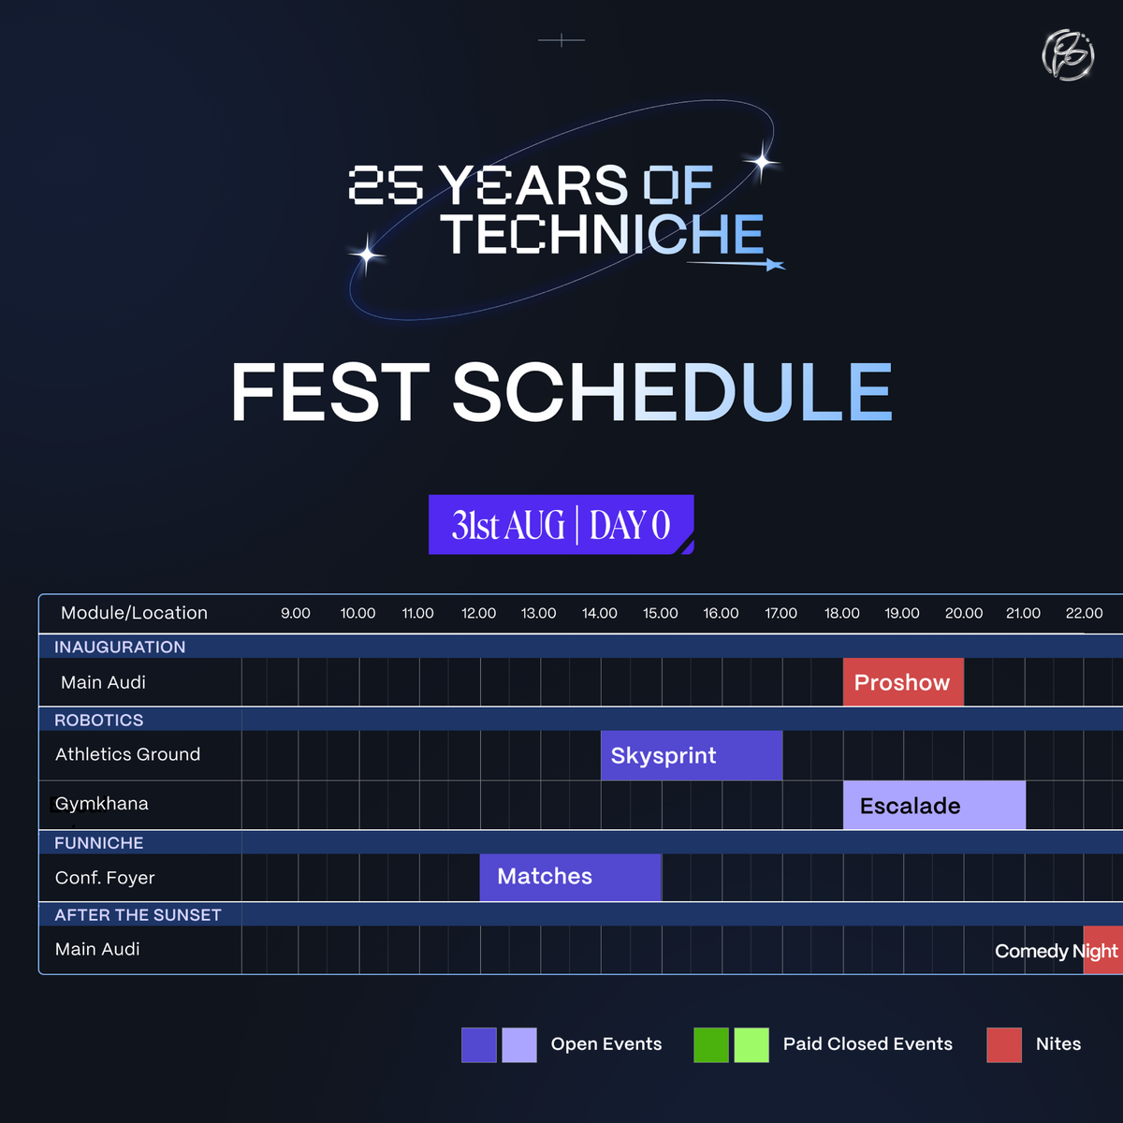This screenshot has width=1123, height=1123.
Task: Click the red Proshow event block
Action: [903, 682]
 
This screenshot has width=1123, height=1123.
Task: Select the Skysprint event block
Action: [691, 755]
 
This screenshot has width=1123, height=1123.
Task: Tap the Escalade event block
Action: [934, 806]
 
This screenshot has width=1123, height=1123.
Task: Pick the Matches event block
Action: [570, 877]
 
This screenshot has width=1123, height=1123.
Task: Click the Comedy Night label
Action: [1056, 951]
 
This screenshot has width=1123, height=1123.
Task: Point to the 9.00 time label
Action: [296, 613]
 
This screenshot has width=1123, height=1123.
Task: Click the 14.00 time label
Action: [600, 613]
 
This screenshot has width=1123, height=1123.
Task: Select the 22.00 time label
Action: [1084, 613]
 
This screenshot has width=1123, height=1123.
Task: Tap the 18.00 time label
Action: [842, 613]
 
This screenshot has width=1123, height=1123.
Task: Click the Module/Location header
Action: [134, 613]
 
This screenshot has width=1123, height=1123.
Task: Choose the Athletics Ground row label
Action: [127, 754]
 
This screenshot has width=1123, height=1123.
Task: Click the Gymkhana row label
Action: [101, 804]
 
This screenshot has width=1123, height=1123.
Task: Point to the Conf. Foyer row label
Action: [105, 878]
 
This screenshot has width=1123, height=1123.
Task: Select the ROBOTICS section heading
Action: [99, 720]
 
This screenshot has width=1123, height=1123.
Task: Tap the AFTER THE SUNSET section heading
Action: [138, 914]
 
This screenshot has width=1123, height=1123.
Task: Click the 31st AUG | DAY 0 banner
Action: [561, 525]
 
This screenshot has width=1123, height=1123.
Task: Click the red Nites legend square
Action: [1004, 1044]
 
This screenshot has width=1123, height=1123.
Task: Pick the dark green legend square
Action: [711, 1044]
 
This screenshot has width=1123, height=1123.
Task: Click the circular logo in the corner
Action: [1068, 55]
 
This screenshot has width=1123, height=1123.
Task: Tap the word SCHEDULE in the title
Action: [672, 392]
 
